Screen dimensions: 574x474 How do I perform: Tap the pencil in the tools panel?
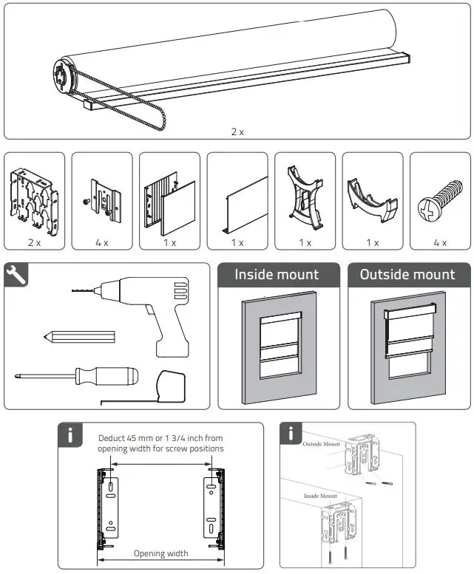[x=80, y=337]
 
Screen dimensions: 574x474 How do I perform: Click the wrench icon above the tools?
[x=18, y=275]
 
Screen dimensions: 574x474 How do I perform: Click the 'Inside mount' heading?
[x=277, y=275]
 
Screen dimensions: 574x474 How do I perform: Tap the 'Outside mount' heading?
[x=407, y=275]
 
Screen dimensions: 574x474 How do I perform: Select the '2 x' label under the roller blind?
[x=237, y=131]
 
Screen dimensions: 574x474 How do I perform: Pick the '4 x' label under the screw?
[x=441, y=242]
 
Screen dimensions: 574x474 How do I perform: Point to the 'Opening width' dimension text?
[x=160, y=553]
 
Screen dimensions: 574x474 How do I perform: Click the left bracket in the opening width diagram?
[x=106, y=508]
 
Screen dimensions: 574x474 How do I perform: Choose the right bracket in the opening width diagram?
[x=214, y=508]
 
